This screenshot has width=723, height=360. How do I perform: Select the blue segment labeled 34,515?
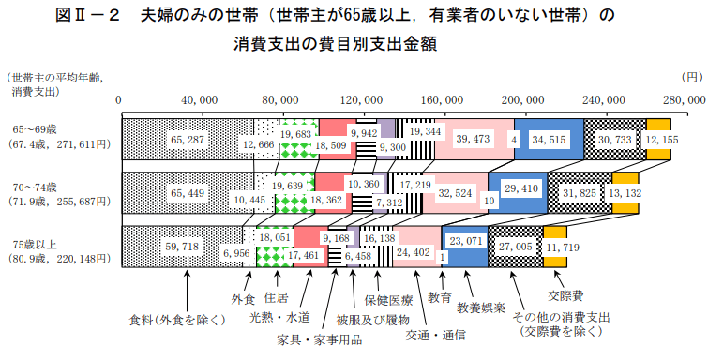(x=549, y=139)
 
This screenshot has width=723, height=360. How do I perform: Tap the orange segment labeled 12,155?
(x=657, y=139)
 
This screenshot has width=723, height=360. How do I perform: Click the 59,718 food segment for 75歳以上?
(x=183, y=246)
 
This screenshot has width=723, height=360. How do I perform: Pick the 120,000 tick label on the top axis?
(x=361, y=99)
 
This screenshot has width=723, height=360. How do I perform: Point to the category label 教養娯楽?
(x=482, y=307)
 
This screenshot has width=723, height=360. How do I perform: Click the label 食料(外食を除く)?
(x=178, y=319)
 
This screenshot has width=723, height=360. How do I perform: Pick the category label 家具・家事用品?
(x=320, y=339)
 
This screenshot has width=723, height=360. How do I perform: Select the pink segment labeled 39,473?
(x=474, y=139)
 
